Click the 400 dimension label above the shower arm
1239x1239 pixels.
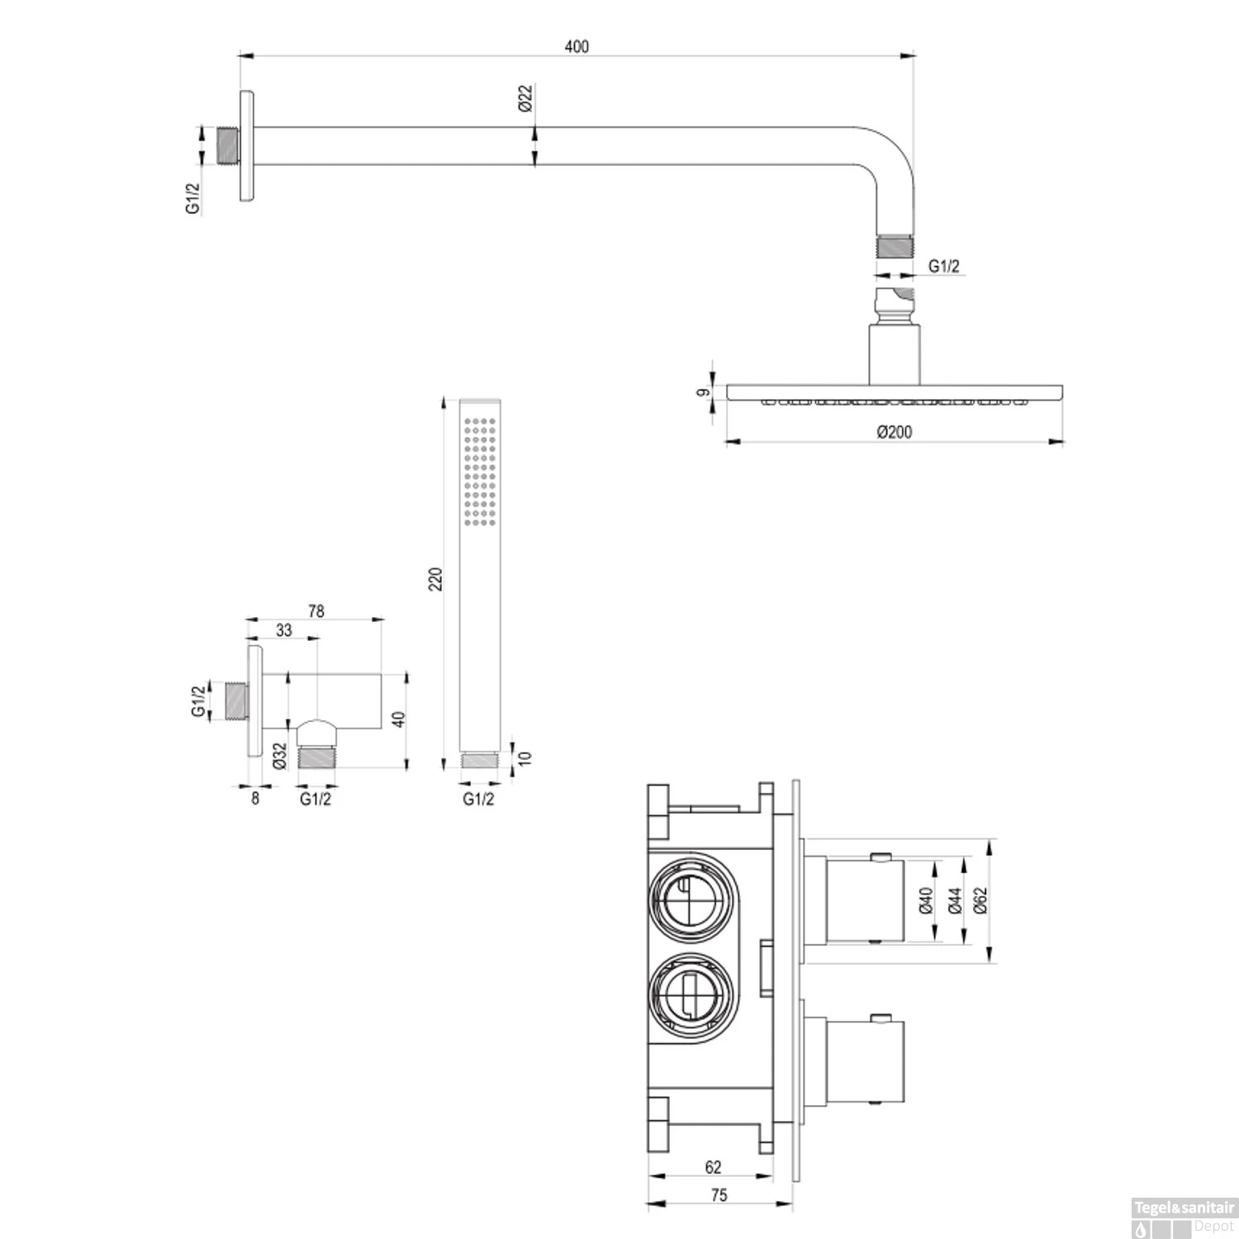pos(577,46)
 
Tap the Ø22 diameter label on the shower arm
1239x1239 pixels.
pos(526,98)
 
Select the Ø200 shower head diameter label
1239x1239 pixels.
pos(895,431)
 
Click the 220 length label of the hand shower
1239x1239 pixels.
pos(436,578)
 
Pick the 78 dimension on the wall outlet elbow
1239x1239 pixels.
pos(316,611)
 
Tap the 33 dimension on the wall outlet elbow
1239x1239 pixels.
pos(283,630)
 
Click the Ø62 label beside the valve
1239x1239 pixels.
pos(980,901)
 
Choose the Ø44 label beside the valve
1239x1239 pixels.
pos(955,901)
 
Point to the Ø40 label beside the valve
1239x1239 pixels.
pos(925,901)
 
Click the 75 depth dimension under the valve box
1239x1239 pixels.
pos(719,1195)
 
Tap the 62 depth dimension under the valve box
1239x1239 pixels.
pos(713,1167)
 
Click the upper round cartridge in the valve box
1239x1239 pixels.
pos(691,897)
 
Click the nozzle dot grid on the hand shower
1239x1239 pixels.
pos(480,470)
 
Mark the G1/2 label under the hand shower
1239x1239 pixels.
pos(478,799)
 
